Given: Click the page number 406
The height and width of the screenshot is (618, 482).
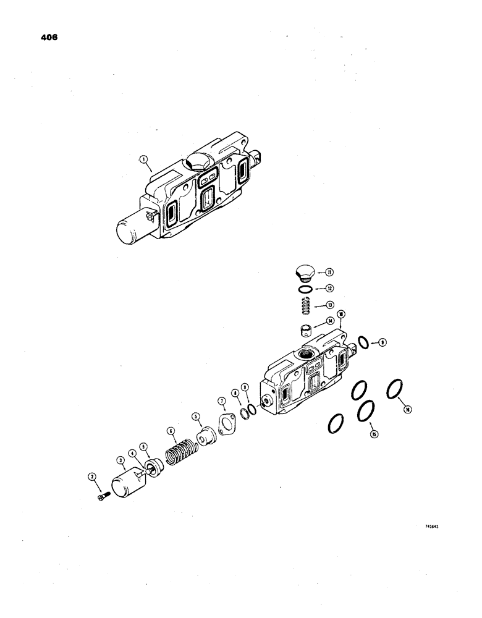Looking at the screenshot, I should click(x=49, y=37).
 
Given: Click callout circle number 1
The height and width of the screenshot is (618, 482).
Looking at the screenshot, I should click(x=143, y=159).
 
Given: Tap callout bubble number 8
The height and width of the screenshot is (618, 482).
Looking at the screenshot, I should click(x=234, y=392).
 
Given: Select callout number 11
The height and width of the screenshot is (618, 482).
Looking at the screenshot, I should click(x=330, y=271).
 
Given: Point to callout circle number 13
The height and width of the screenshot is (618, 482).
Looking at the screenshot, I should click(x=330, y=304).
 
